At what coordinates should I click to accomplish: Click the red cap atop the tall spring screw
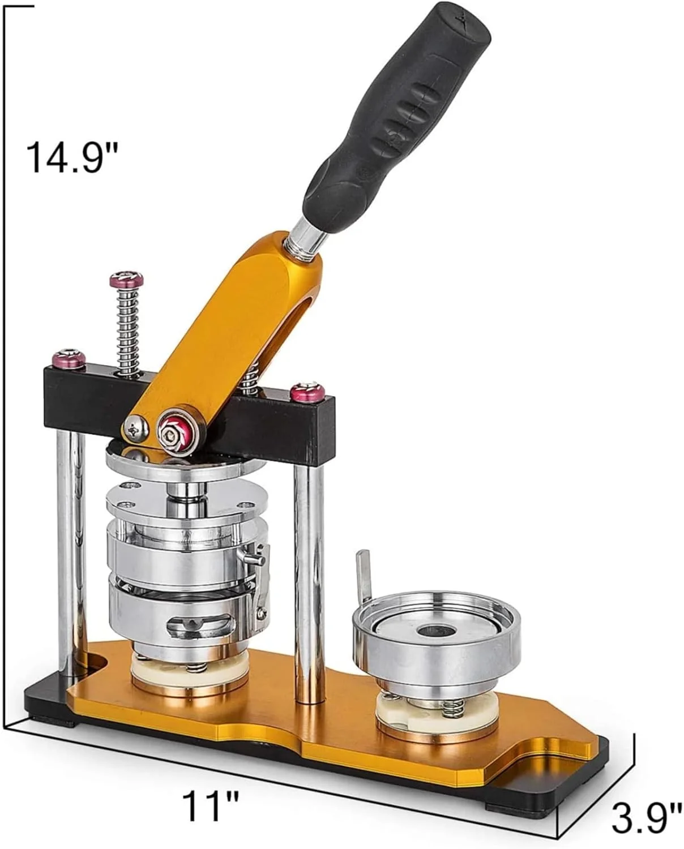click(126, 279)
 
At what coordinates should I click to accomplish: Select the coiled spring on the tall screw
click(126, 330)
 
